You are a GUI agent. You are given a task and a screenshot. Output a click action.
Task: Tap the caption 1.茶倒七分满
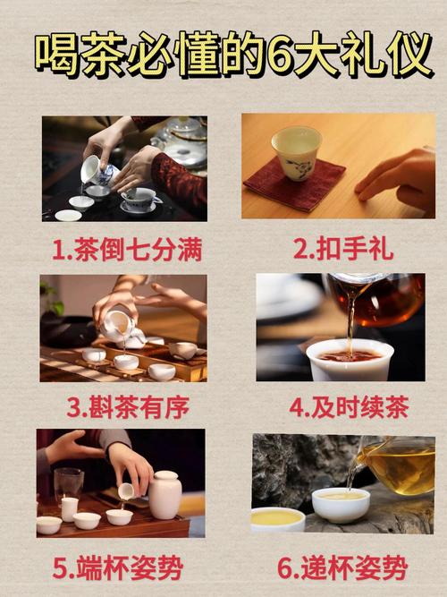pyautogui.click(x=124, y=249)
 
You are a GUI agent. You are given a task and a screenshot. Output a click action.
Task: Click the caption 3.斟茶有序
pyautogui.click(x=122, y=407)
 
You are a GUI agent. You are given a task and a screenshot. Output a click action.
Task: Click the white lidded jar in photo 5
pyautogui.click(x=164, y=494)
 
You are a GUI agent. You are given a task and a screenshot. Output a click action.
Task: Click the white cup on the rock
pyautogui.click(x=341, y=504)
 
